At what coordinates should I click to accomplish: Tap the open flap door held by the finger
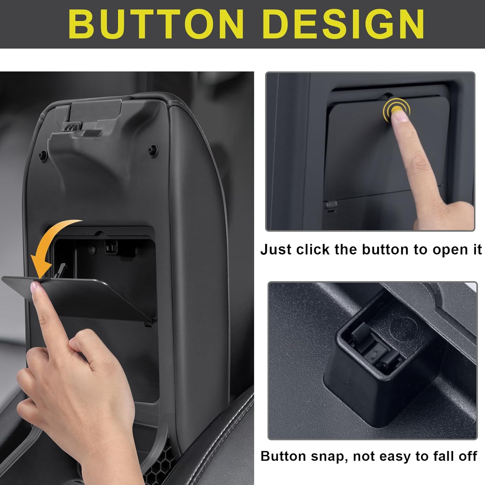coord(97,296)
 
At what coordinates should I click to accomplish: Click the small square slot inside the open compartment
coord(111,247)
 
